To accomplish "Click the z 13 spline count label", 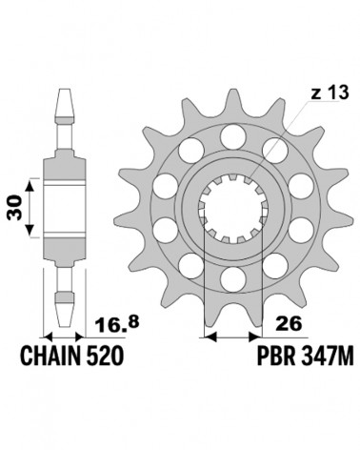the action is (x=330, y=93).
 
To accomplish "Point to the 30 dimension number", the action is (x=15, y=208).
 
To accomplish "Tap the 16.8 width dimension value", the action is (x=117, y=324).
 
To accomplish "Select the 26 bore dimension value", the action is (x=289, y=324).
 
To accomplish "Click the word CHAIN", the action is (x=50, y=356).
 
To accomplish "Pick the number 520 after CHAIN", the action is (x=104, y=356).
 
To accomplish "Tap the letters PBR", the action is (x=275, y=356).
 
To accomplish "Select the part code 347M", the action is (x=327, y=356).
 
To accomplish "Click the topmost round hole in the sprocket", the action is (x=233, y=137).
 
